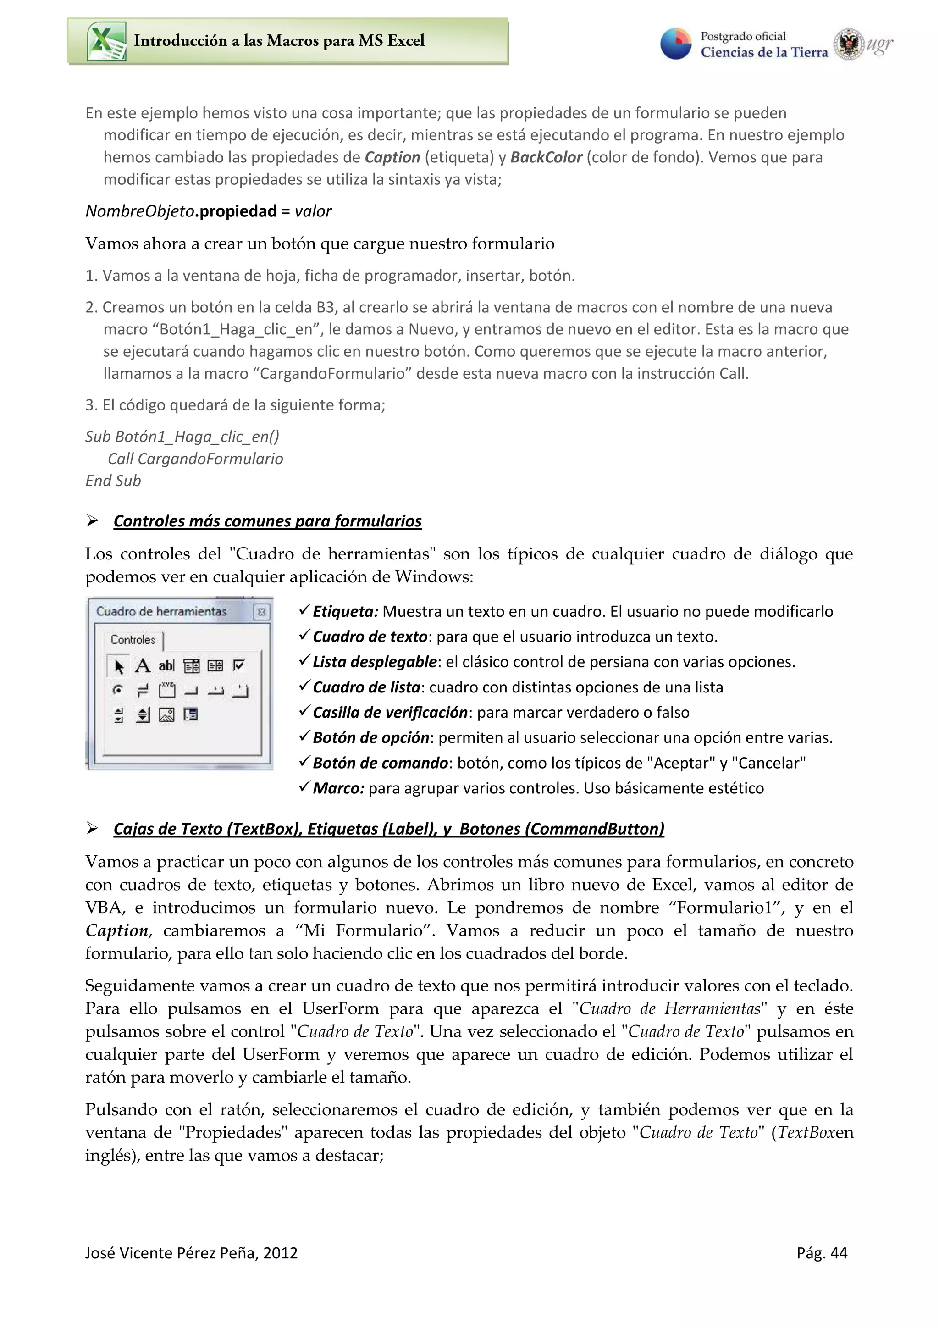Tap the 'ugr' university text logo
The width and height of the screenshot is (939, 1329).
879,44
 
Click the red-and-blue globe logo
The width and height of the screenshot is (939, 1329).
676,44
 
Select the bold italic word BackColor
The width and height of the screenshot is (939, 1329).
546,157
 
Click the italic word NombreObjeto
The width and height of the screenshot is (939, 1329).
139,211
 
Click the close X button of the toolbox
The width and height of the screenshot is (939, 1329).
261,612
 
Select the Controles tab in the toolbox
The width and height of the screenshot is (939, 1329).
133,640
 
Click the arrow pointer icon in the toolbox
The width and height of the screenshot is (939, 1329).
119,666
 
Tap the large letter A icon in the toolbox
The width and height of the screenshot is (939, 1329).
142,666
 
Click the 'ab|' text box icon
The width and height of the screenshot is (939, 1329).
166,666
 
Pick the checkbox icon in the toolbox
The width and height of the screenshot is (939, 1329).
239,666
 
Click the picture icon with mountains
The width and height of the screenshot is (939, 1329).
166,715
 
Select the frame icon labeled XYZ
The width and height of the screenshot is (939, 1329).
167,690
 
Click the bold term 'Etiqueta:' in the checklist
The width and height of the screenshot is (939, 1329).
345,612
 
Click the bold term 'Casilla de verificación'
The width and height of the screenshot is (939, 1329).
390,713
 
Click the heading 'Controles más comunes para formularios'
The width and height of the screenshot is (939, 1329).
267,521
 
